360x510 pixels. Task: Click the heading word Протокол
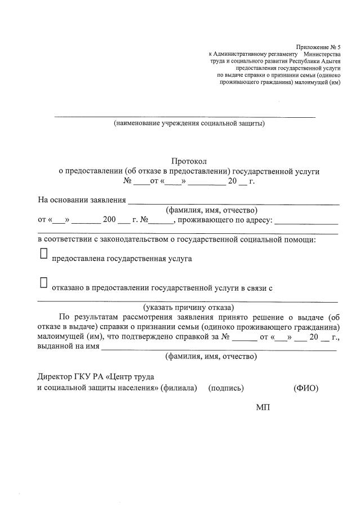click(189, 161)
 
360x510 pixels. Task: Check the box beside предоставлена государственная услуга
click(44, 255)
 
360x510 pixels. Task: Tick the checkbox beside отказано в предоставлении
click(44, 282)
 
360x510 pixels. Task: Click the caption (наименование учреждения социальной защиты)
click(189, 123)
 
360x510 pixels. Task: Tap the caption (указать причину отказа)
click(188, 307)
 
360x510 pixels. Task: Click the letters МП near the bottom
click(263, 406)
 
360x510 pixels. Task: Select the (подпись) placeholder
click(226, 388)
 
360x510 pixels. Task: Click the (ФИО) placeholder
click(306, 388)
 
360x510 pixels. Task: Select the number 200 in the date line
click(109, 220)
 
